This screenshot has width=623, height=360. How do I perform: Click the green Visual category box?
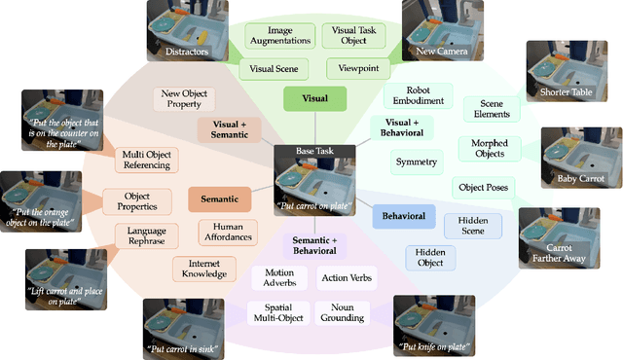coord(314,98)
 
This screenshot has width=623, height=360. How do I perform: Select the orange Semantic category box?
coord(220,199)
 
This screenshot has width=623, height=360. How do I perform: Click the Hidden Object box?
coord(430,257)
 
